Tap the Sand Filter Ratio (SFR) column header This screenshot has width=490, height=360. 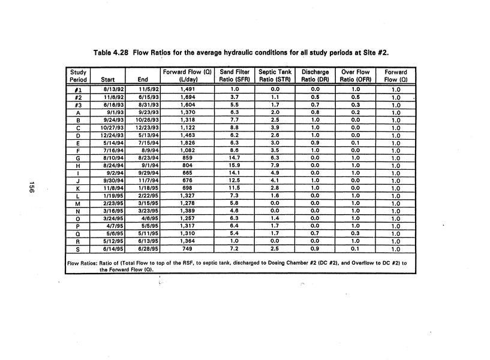(234, 76)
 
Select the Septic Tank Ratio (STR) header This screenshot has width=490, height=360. (274, 76)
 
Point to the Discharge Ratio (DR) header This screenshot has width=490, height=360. (314, 76)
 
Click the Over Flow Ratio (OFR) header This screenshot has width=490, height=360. (355, 76)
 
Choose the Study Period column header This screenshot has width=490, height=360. (78, 76)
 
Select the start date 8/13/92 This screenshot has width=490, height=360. (112, 89)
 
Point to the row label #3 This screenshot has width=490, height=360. (78, 103)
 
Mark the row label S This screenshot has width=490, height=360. (78, 250)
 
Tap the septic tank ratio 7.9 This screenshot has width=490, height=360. (274, 166)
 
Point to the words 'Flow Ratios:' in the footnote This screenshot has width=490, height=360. (82, 263)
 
